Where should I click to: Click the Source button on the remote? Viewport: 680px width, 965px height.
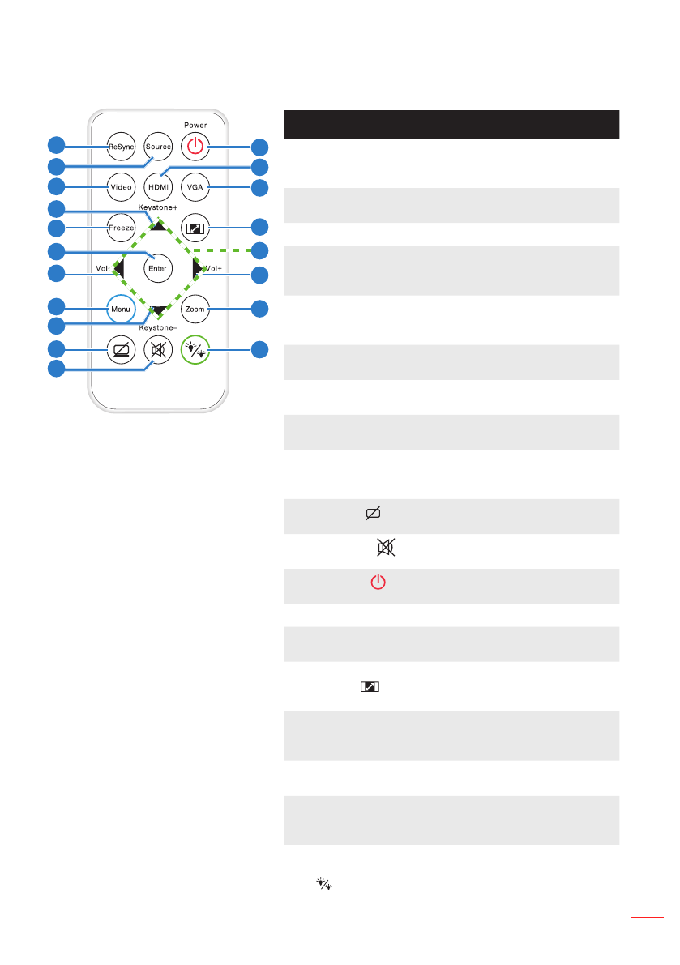158,147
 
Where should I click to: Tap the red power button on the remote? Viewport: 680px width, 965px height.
195,147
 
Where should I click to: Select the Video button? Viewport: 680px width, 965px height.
121,187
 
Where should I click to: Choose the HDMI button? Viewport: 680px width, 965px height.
158,187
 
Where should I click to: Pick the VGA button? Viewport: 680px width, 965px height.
195,187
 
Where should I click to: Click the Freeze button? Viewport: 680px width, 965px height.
121,228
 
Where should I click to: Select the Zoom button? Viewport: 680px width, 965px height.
195,309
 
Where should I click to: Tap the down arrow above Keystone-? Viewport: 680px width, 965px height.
159,310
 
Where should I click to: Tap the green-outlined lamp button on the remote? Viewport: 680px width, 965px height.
195,350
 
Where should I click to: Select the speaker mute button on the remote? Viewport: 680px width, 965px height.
158,350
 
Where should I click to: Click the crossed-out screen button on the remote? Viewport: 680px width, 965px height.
121,350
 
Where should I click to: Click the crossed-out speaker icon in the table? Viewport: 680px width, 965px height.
384,549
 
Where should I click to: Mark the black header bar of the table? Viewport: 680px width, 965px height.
451,124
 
